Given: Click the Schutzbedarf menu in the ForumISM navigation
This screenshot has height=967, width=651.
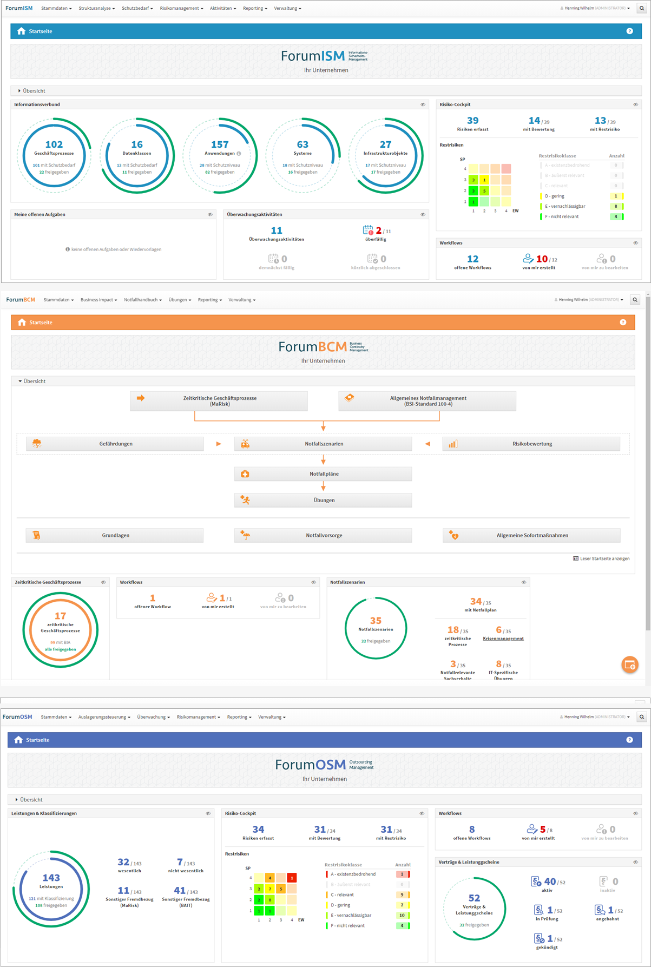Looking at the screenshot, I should [137, 9].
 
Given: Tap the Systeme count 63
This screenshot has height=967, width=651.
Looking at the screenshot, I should [303, 144].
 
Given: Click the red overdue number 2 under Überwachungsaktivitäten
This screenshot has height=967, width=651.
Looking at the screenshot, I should [379, 231].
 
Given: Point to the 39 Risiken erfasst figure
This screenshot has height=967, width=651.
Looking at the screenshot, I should [472, 121].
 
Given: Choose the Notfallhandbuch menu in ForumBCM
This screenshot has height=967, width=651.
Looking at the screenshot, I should [142, 300].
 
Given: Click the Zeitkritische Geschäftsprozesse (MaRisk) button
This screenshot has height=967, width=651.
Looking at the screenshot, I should [219, 401].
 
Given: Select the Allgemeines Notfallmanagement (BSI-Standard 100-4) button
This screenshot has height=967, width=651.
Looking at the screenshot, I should [428, 401].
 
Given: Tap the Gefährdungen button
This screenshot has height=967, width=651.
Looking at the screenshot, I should [115, 444].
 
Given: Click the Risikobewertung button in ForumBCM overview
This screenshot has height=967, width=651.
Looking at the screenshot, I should [531, 444].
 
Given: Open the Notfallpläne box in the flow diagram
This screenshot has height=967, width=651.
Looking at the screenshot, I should [323, 474].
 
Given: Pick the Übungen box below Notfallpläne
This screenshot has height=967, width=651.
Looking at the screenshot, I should [323, 500].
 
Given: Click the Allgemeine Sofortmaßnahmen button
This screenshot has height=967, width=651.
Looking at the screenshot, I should [531, 535].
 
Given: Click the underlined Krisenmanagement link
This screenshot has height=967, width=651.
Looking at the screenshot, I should [503, 639].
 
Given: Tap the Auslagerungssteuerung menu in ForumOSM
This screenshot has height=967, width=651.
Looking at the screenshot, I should [104, 717].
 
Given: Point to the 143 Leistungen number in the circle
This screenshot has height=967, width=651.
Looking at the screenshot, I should [51, 878].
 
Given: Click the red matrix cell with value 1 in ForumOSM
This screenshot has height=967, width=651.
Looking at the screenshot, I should [292, 878].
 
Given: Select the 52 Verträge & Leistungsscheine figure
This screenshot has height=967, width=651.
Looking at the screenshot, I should [475, 898].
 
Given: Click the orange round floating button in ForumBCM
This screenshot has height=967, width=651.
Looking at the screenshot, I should [630, 665].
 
